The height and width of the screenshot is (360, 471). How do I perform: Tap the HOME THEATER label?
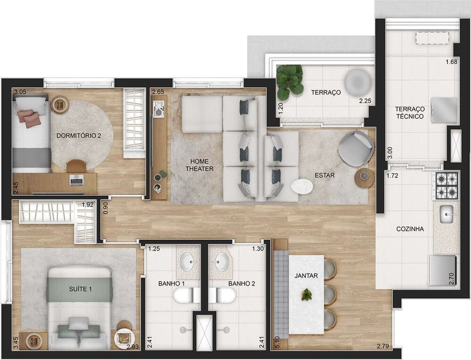tap(199, 165)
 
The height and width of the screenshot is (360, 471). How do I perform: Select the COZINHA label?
tap(410, 229)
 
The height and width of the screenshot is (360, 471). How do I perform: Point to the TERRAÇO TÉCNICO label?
tap(410, 112)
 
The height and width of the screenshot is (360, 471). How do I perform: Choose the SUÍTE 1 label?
tap(79, 289)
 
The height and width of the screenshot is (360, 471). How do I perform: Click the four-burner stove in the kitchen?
tap(446, 185)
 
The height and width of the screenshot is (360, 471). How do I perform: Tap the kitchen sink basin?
tap(446, 215)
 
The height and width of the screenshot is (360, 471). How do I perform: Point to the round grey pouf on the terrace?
tap(357, 82)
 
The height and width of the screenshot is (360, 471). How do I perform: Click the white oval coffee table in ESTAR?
tap(302, 187)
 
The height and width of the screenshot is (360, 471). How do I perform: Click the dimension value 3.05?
tap(20, 92)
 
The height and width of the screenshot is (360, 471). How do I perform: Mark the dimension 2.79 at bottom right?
tap(383, 347)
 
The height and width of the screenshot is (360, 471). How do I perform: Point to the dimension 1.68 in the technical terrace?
tap(451, 62)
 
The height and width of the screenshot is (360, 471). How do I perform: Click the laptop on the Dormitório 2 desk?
tap(76, 179)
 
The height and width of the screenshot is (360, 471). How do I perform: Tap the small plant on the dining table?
tap(307, 295)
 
